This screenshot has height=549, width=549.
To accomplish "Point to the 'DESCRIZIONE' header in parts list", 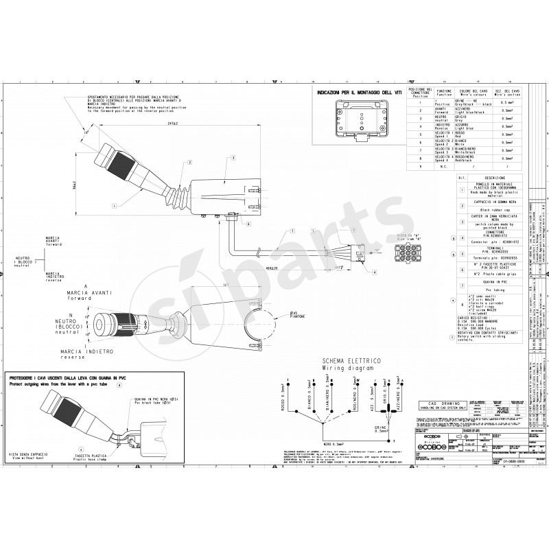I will (494, 178).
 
